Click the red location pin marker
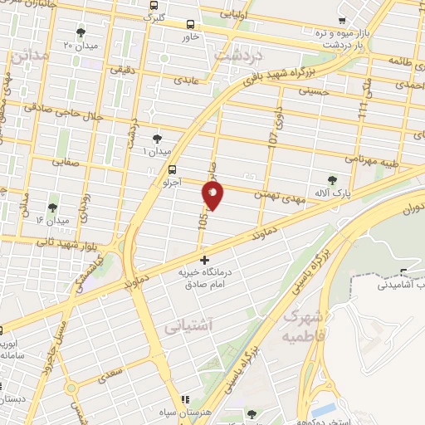click(x=212, y=194)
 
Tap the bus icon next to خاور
click(x=192, y=25)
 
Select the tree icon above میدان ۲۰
click(x=81, y=32)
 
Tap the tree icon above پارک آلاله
click(x=333, y=178)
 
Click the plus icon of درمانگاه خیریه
click(x=204, y=261)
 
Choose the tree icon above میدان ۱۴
click(x=52, y=208)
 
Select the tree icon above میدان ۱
click(x=157, y=139)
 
